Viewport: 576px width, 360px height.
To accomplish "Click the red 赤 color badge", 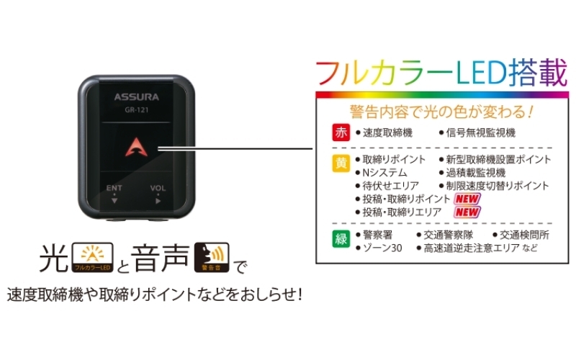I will [341, 132].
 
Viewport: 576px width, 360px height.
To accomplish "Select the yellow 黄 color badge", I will [341, 163].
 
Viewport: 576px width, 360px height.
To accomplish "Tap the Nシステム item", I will [384, 173].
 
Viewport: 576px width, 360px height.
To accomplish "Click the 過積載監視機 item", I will [475, 173].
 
